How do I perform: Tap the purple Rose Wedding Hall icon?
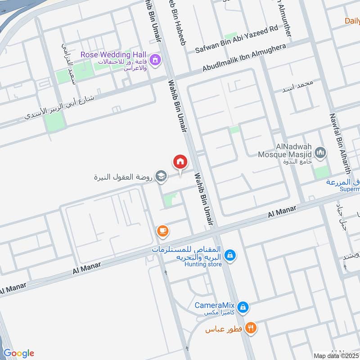(155, 59)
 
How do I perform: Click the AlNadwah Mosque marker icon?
(320, 153)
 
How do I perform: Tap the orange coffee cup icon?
(162, 231)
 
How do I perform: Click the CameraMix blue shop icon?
(243, 307)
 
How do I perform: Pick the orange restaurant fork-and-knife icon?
(252, 328)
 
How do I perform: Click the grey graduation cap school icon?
(160, 176)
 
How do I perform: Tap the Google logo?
(18, 353)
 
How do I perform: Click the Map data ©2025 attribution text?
(336, 355)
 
